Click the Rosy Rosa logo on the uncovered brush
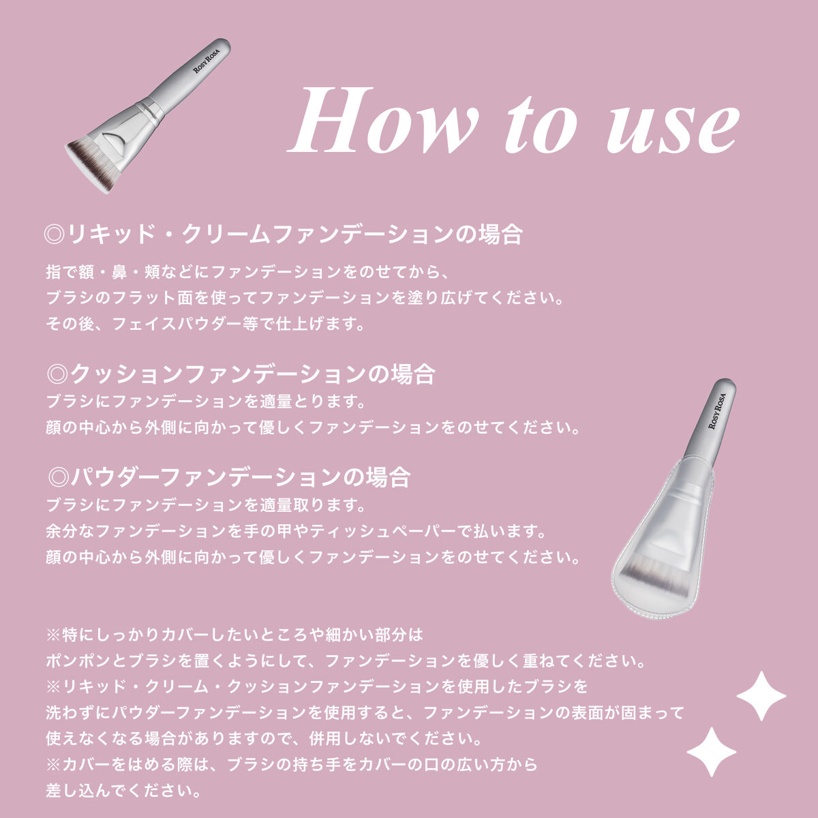click(207, 60)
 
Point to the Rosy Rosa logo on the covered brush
click(717, 411)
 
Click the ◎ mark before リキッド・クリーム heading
click(55, 234)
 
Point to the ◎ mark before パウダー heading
click(58, 477)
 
